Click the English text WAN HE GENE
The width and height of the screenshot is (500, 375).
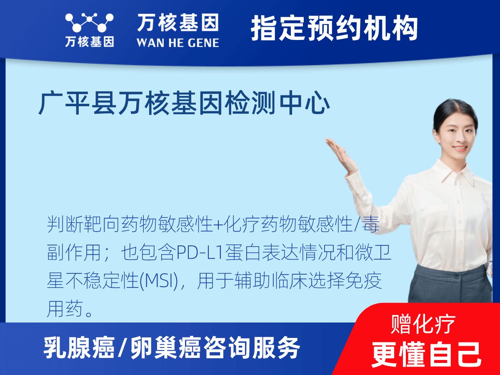point(177,42)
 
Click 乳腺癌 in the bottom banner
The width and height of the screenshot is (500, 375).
point(79,348)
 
